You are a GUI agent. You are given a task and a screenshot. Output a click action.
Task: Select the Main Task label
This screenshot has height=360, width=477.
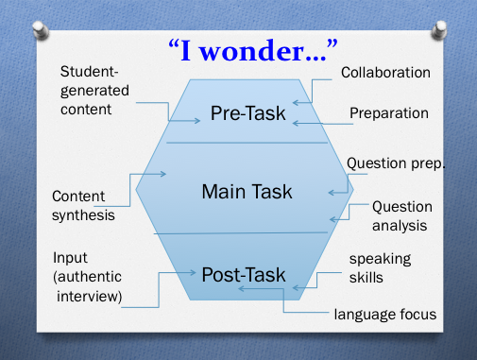[x=247, y=192]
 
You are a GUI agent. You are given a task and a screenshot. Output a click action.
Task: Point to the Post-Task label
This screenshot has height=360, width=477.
[x=244, y=275]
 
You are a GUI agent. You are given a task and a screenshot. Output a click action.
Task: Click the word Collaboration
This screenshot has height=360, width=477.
[x=385, y=73]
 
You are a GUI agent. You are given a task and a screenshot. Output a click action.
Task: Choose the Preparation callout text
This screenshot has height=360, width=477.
[x=389, y=113]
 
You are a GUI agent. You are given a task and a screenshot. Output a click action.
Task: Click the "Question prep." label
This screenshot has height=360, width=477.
[x=395, y=163]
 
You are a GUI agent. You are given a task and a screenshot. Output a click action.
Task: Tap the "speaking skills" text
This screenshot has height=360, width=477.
[x=380, y=267]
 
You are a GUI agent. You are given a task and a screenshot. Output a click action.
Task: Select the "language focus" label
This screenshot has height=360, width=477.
[x=385, y=315]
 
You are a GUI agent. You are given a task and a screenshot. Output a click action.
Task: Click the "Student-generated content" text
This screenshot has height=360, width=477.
[x=98, y=91]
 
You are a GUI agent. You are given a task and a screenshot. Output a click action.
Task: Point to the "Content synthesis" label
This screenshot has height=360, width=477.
[x=83, y=206]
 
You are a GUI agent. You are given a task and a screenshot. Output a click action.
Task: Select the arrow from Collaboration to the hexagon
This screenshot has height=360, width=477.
[x=312, y=92]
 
